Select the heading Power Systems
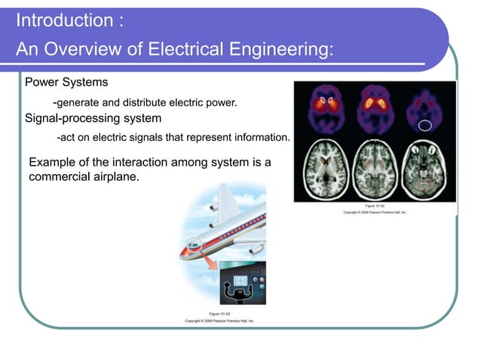click(66, 81)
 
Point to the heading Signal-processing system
click(93, 118)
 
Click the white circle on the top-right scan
click(426, 124)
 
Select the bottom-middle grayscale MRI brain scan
click(375, 169)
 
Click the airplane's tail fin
click(226, 200)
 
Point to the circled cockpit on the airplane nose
click(195, 243)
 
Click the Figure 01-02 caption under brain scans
click(375, 205)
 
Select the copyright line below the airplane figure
click(219, 320)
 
